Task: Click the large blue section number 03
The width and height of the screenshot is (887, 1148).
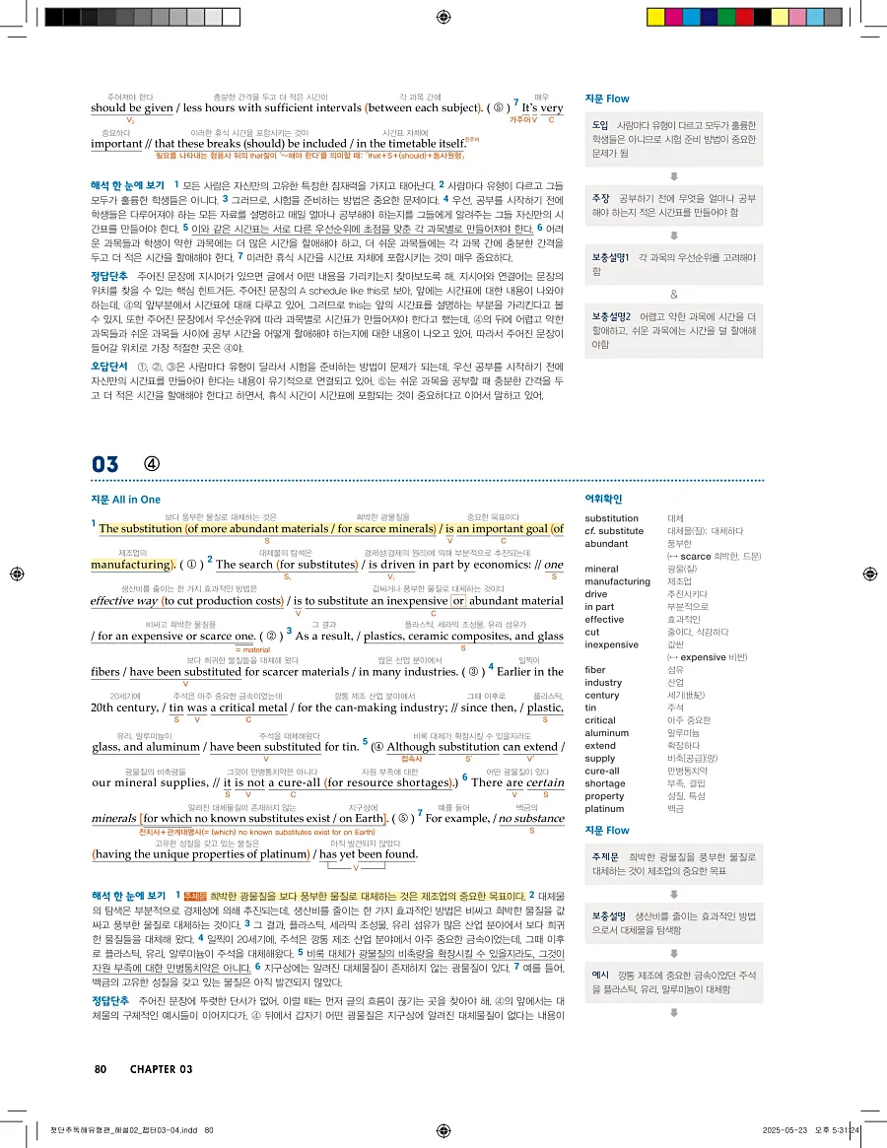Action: coord(105,463)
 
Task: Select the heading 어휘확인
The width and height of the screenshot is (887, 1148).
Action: coord(604,500)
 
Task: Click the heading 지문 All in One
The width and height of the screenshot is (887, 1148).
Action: coord(125,500)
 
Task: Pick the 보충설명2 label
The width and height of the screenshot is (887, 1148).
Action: coord(611,316)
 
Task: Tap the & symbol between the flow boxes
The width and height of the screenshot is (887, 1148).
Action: coord(674,294)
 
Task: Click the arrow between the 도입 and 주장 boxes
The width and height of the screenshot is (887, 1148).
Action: coord(674,176)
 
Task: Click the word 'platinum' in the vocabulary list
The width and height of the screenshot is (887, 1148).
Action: coord(603,809)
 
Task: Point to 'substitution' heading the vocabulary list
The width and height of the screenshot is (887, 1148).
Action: coord(611,518)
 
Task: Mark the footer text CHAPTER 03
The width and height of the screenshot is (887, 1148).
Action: coord(161,1069)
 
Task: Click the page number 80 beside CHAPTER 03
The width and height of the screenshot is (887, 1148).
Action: coord(101,1069)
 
